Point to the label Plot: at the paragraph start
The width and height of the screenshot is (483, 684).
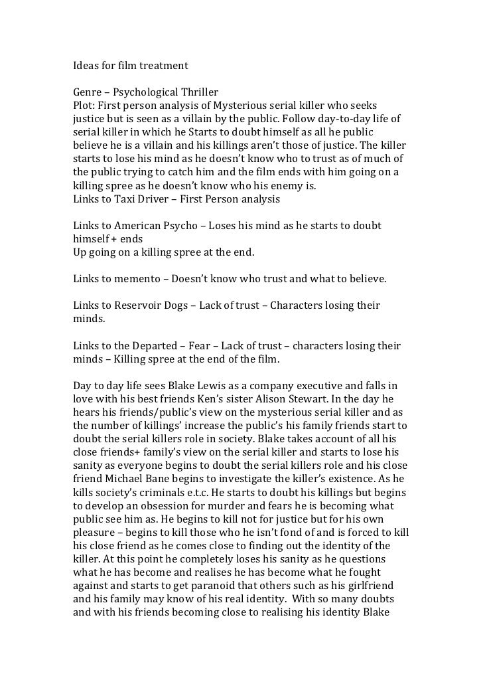[84, 106]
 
